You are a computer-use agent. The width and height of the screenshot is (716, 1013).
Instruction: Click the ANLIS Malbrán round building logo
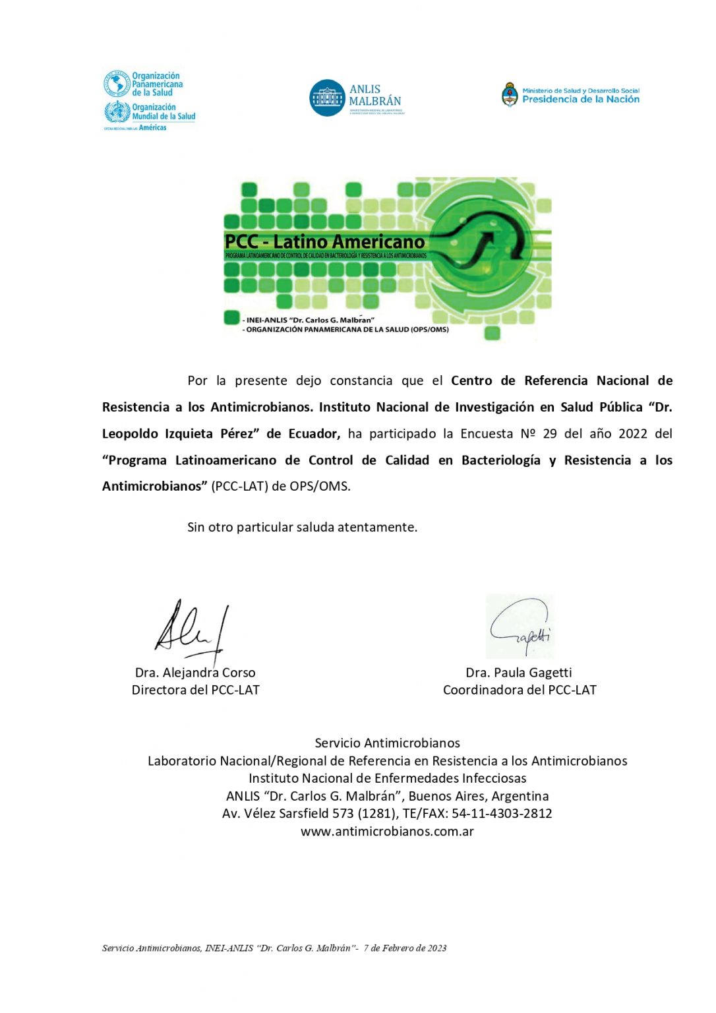327,98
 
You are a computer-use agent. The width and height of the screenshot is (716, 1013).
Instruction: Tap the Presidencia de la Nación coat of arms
510,95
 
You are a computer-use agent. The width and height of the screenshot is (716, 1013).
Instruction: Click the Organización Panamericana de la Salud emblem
117,84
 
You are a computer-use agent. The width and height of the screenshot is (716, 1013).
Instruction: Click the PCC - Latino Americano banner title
324,242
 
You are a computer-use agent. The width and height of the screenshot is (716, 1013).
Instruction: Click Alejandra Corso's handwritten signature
191,630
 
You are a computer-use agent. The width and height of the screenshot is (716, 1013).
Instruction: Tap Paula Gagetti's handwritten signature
520,627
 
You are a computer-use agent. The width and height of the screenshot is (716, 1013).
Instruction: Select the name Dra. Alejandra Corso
195,673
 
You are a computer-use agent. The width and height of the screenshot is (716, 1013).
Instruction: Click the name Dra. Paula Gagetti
519,673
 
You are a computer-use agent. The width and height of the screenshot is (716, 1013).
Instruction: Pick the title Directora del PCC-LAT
195,690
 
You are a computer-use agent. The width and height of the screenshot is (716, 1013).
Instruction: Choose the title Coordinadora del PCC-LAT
520,690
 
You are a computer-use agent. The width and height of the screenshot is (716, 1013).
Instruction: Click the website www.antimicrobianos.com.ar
387,832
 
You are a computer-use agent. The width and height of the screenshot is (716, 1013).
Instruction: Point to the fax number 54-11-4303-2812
502,814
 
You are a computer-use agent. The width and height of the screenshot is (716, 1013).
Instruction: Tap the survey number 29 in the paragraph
550,434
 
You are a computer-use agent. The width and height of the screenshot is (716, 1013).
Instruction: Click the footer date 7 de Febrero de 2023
405,948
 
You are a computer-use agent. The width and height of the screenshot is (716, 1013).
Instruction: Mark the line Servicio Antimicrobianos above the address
387,743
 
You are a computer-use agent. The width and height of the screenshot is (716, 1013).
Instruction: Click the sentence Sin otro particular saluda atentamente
302,528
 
